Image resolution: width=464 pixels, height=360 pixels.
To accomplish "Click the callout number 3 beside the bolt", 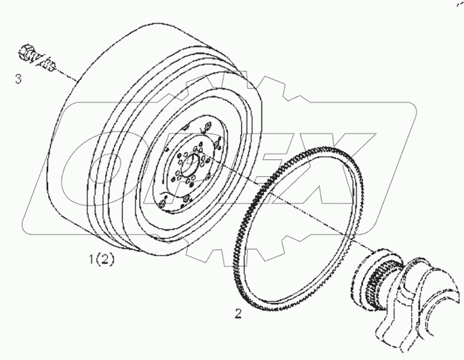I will click(x=18, y=79).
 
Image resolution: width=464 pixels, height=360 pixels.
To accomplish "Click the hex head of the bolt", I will click(x=29, y=52).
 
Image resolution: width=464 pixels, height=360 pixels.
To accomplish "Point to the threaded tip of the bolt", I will click(x=50, y=65).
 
